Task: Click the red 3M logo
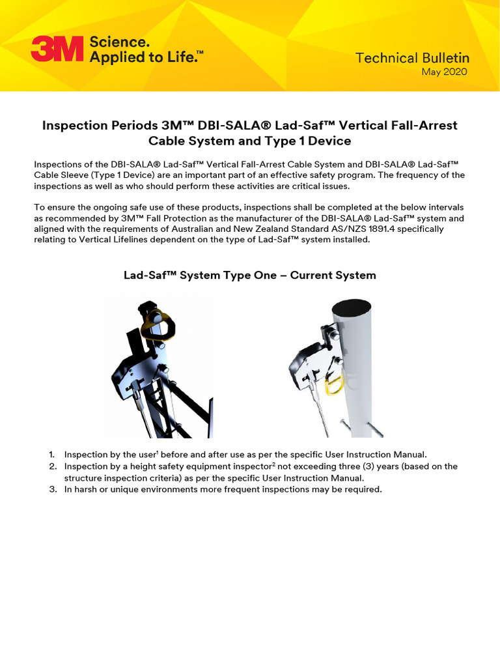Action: click(57, 49)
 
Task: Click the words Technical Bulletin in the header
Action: click(412, 58)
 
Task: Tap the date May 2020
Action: click(444, 72)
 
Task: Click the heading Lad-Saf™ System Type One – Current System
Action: click(249, 275)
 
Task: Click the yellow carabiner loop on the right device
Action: click(335, 390)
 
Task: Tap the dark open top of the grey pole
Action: click(351, 307)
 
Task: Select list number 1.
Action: click(52, 454)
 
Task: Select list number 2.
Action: click(53, 466)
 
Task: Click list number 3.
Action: click(53, 489)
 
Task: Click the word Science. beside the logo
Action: click(119, 42)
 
